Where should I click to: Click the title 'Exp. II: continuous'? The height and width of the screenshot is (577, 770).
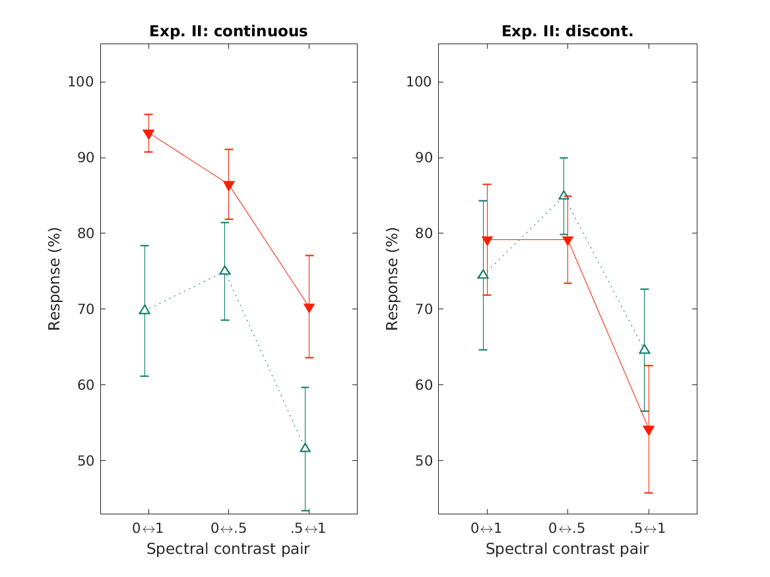[228, 31]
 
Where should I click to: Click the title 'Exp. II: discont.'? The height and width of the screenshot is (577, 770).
[567, 31]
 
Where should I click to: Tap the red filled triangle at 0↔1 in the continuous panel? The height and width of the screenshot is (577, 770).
[148, 134]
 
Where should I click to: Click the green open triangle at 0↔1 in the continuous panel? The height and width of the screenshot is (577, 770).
[144, 309]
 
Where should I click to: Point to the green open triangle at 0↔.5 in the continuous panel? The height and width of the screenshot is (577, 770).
[224, 270]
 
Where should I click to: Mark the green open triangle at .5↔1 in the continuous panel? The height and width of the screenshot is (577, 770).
[305, 448]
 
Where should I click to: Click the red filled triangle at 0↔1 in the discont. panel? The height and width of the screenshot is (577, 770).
[487, 241]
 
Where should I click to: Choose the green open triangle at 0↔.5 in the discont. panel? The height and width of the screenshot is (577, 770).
[563, 195]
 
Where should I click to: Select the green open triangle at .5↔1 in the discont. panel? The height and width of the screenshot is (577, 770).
[645, 349]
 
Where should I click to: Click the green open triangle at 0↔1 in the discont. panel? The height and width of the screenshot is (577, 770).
[483, 274]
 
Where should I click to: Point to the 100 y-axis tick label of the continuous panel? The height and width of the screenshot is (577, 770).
[79, 82]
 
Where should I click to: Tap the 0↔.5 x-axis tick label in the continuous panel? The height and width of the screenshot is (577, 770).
[228, 528]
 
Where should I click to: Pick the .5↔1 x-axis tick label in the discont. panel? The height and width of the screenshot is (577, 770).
[649, 528]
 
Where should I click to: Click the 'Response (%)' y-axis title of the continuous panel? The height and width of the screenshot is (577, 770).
[55, 278]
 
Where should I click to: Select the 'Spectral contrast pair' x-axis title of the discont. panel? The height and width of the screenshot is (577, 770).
[567, 549]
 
